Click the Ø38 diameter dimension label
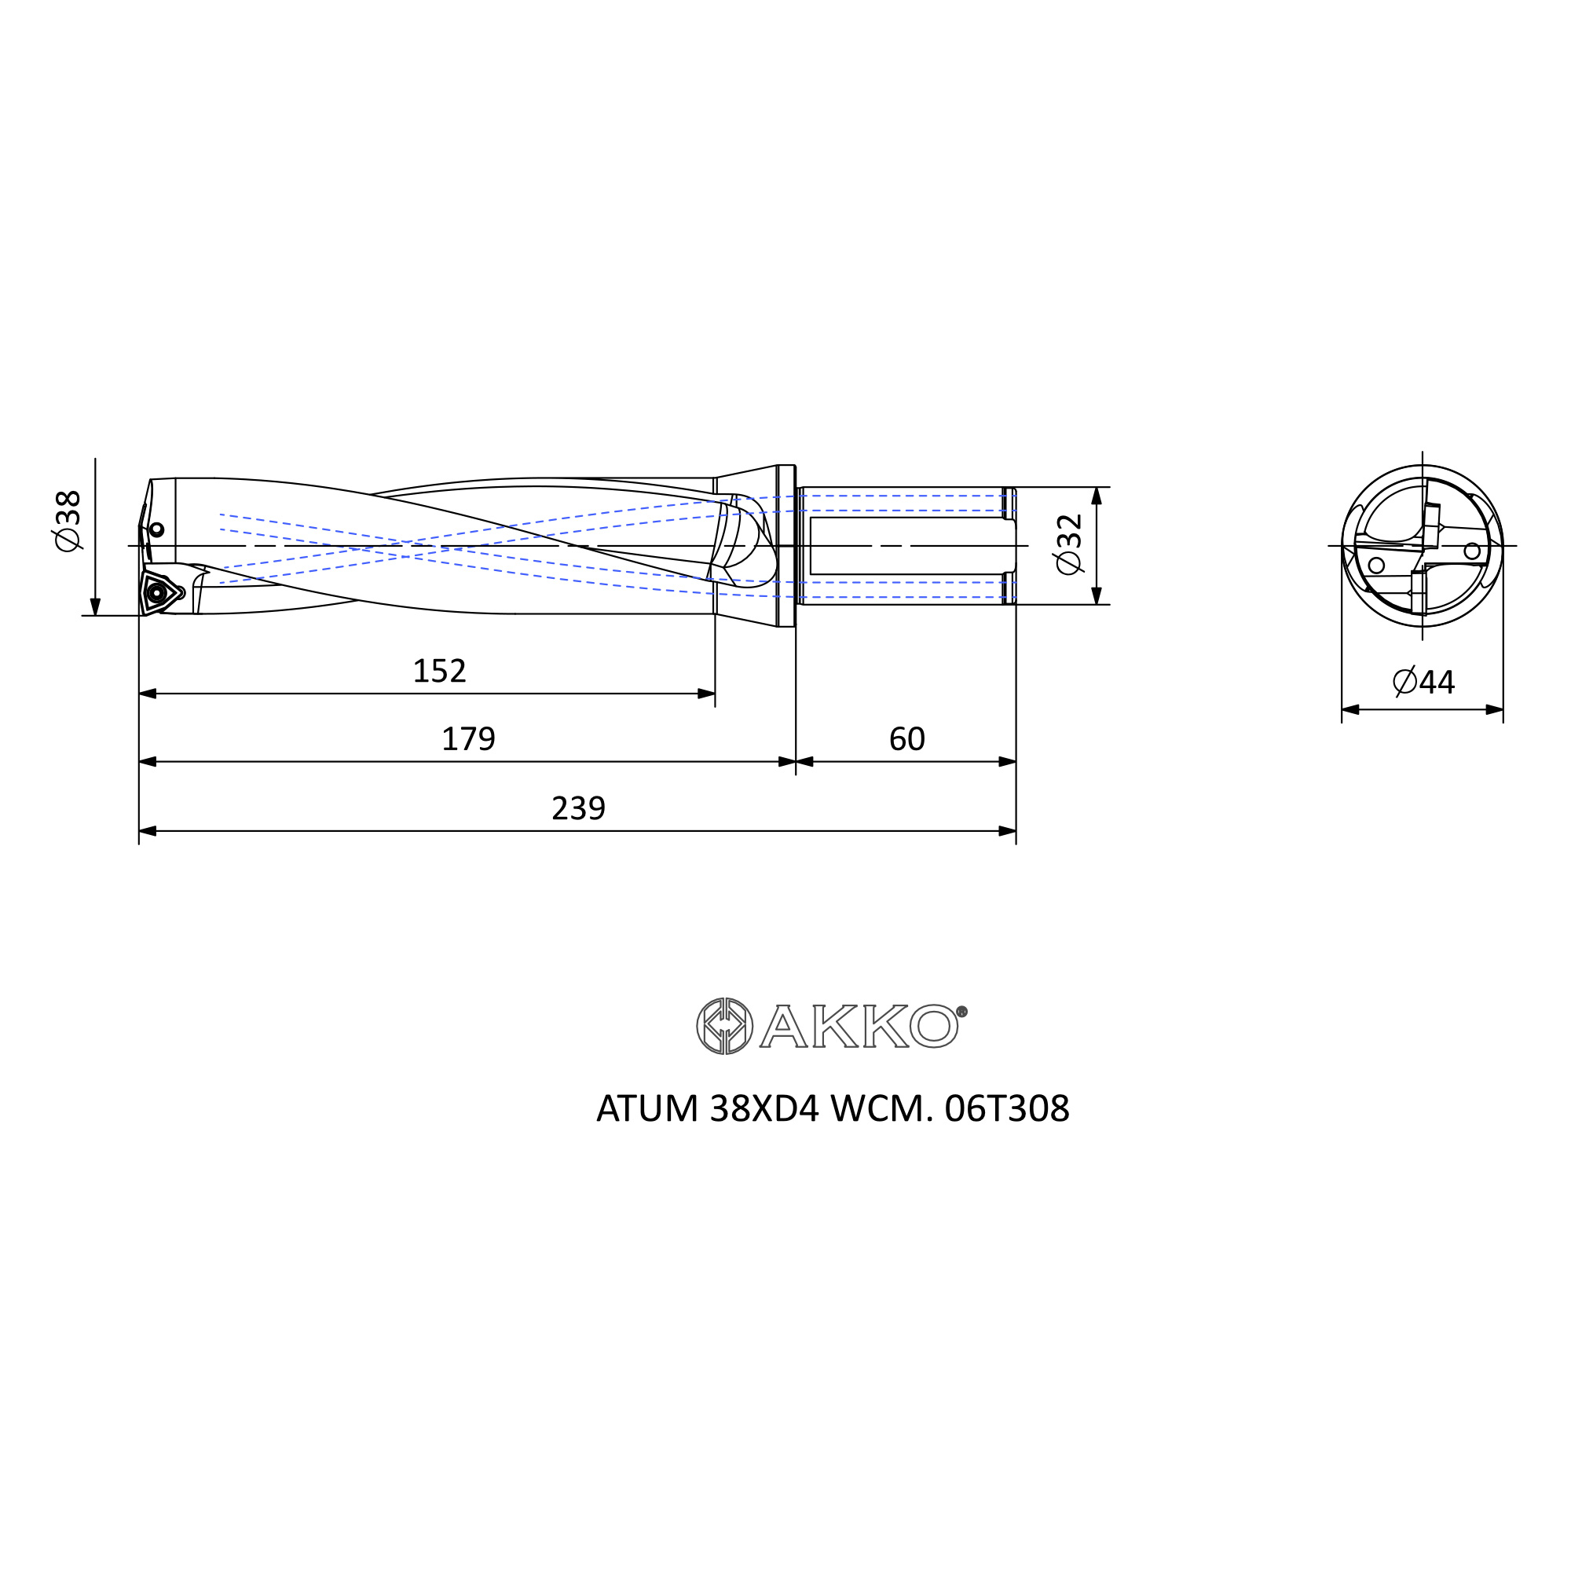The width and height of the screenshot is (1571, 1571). [x=68, y=521]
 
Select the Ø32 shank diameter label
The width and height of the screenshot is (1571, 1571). [x=1069, y=544]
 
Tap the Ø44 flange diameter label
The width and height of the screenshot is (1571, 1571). [x=1424, y=681]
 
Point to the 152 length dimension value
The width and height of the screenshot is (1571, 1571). [x=439, y=671]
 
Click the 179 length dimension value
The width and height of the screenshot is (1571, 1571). [x=468, y=739]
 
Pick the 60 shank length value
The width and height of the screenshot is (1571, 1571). [x=906, y=739]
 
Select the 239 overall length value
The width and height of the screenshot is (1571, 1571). [x=578, y=808]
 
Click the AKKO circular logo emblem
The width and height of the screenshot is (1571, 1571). [x=724, y=1026]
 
